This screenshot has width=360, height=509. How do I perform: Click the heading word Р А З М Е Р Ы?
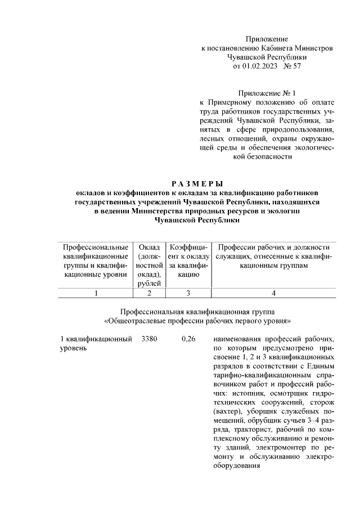coord(196,183)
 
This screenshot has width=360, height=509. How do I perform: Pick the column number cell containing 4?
coord(273,293)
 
